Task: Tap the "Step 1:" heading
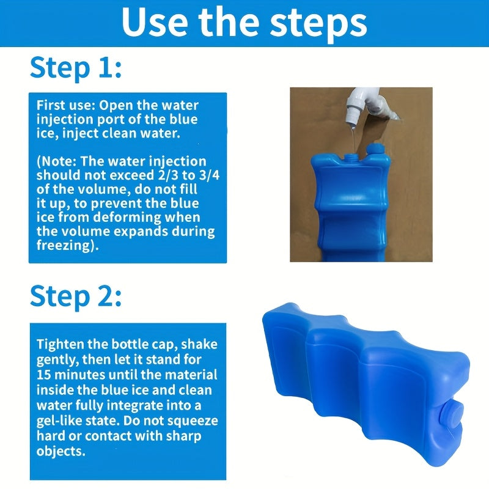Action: coord(76,68)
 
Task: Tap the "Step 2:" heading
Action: coord(76,297)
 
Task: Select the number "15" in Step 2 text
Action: coord(43,375)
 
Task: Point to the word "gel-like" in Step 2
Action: coord(59,421)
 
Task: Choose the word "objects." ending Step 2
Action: coord(61,452)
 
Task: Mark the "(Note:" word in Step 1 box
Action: coord(56,161)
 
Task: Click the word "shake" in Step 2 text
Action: coord(199,344)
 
